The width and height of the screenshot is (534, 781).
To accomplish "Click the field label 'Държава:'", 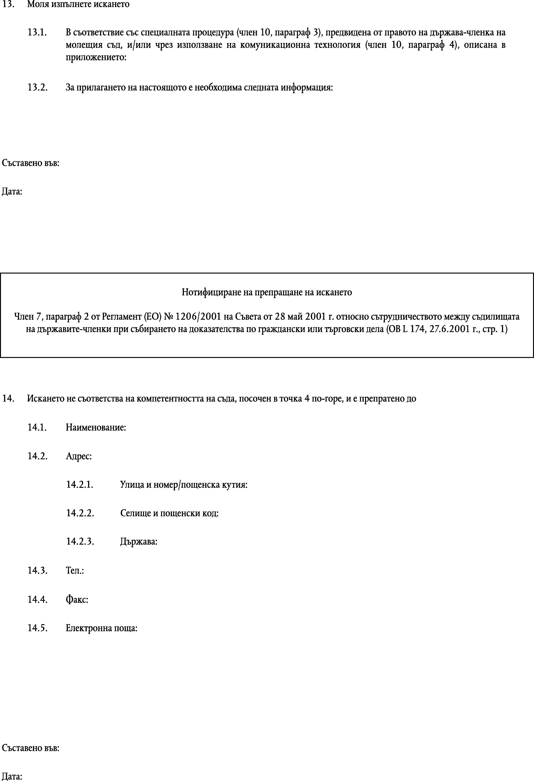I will [139, 542].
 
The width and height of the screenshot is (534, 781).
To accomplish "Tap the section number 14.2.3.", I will [80, 542].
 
